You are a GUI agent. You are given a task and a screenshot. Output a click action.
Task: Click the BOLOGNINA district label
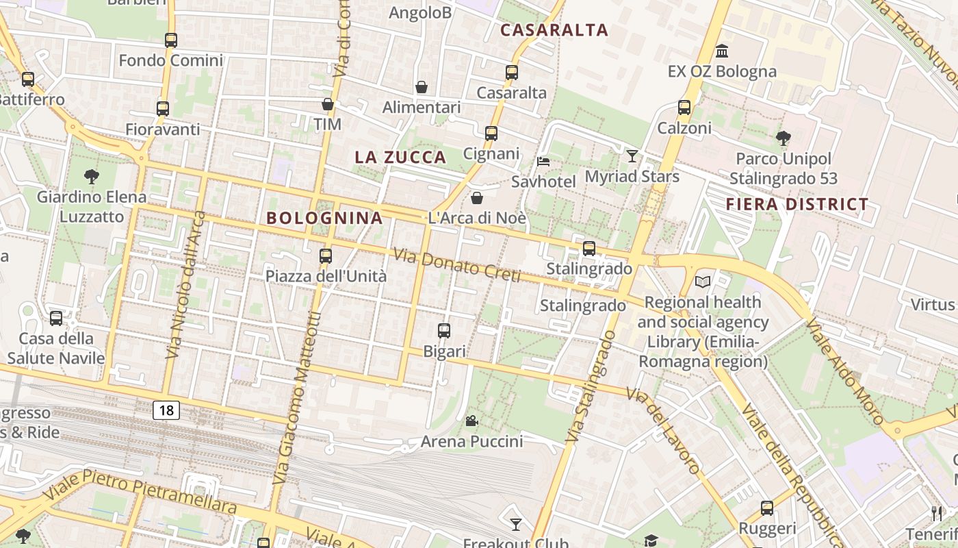324,219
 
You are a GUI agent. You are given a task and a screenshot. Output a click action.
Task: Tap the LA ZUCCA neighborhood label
400,158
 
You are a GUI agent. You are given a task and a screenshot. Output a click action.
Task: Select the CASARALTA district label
554,30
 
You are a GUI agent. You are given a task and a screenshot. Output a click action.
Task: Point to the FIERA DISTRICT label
797,204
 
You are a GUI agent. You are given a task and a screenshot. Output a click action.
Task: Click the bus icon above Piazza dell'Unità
326,256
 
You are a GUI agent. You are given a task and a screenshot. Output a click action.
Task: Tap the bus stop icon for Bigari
444,331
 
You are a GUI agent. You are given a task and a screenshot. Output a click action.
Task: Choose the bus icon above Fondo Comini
171,40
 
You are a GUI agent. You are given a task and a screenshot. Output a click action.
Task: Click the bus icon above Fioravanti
163,109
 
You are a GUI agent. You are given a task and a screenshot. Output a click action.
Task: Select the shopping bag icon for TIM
328,104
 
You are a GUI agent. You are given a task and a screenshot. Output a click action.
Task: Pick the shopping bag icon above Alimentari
422,87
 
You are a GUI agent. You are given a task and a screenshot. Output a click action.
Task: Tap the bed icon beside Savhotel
543,162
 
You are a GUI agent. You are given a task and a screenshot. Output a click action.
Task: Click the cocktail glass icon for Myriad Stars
632,156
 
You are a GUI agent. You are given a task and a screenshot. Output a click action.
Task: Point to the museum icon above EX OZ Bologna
721,51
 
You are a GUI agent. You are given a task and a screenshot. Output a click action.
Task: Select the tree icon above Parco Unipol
784,138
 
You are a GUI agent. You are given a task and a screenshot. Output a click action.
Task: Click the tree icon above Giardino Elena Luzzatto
92,177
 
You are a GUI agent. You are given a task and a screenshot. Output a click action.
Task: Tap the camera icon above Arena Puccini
471,421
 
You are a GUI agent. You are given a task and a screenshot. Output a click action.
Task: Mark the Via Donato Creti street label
456,265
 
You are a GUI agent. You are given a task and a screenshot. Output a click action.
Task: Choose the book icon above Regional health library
703,282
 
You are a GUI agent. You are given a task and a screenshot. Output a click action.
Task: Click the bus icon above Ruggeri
767,508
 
